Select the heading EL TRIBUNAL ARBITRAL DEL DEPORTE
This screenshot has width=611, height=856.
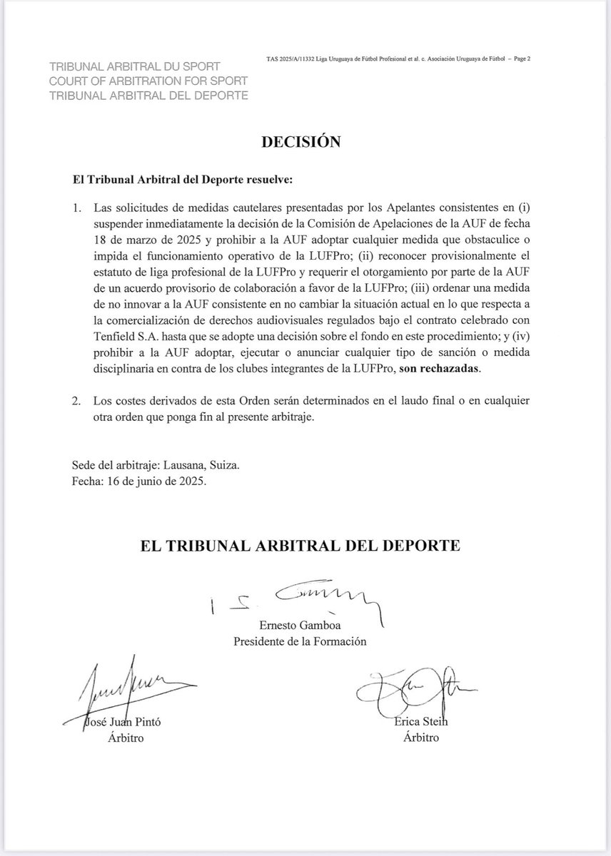tap(299, 546)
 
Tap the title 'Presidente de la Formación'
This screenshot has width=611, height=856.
tap(300, 641)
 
